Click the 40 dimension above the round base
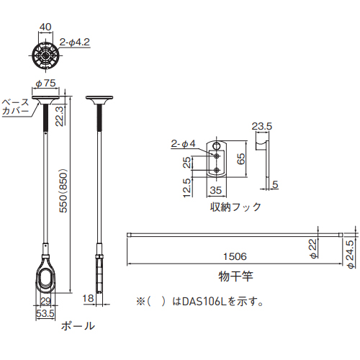click(x=45, y=27)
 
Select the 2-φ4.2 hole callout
click(x=75, y=42)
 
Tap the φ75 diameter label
click(x=45, y=84)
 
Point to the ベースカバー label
click(x=15, y=106)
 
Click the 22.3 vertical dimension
click(x=59, y=116)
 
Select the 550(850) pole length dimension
click(x=64, y=191)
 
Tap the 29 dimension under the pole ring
click(x=45, y=301)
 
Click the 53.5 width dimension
click(x=45, y=313)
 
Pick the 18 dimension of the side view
click(x=88, y=298)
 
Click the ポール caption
click(x=78, y=325)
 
